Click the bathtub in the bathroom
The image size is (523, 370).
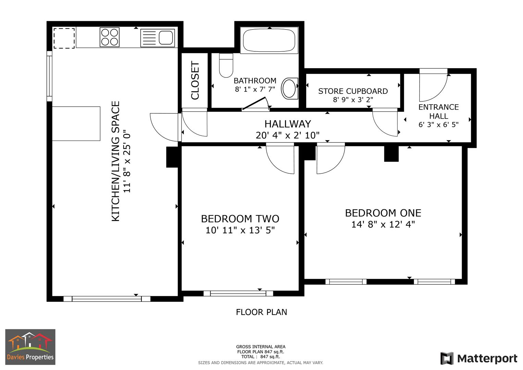tap(269, 40)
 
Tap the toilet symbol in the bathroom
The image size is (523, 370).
tap(226, 65)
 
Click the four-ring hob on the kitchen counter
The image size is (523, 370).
tap(110, 37)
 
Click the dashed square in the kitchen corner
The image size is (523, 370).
tap(64, 38)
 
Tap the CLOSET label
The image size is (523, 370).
tap(195, 81)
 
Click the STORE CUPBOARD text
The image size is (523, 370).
tap(353, 91)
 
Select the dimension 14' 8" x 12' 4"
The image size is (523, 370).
tap(383, 225)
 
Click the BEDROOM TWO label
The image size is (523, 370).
tap(240, 219)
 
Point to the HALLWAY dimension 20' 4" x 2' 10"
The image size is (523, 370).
tap(287, 136)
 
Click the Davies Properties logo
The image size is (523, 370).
tap(30, 347)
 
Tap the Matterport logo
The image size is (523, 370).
tap(479, 359)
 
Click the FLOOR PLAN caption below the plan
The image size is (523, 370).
tap(261, 312)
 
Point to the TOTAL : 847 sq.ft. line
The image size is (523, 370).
tap(260, 357)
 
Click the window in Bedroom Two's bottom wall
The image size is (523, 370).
tap(238, 293)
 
